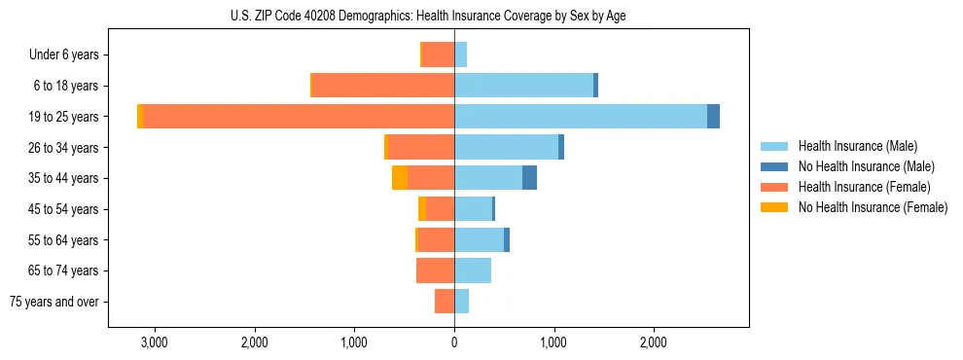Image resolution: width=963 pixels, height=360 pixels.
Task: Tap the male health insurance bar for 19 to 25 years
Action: coord(580,116)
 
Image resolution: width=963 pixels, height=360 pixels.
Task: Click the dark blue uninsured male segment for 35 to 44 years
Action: coord(529,177)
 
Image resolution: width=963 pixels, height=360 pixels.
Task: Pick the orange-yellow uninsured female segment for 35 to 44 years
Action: coord(400,177)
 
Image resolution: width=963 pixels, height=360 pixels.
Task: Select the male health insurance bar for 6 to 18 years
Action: coord(523,85)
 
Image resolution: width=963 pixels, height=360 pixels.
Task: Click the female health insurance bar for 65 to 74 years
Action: coord(435,270)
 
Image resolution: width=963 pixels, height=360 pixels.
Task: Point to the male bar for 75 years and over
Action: coord(461,301)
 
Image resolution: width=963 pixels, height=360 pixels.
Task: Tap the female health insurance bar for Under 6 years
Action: coord(438,54)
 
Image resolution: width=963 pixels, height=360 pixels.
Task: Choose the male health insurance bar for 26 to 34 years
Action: coord(506,147)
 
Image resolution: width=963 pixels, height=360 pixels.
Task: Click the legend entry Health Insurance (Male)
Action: coord(857,146)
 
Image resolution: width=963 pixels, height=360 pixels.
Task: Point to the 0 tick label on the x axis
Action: coord(454,342)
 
